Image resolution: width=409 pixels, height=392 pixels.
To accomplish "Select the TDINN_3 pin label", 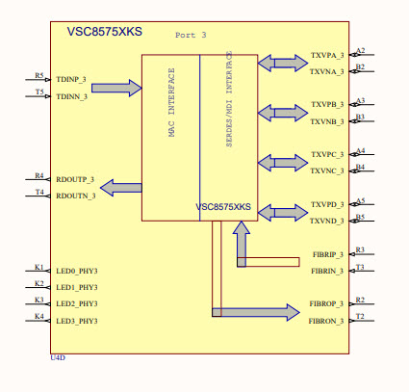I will click(x=72, y=96).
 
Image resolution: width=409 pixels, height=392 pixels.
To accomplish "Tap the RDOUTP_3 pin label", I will click(x=75, y=179).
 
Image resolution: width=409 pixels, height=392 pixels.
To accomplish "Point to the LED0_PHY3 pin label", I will click(x=77, y=272).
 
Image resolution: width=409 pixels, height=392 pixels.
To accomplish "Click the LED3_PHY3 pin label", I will click(x=77, y=320).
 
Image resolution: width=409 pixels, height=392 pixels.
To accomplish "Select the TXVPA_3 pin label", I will click(x=327, y=56).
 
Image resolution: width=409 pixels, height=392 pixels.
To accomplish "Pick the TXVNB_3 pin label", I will click(x=327, y=121).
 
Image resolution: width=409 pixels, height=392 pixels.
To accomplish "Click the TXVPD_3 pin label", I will click(x=327, y=205).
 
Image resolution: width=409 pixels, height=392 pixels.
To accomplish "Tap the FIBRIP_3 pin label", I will click(x=327, y=255).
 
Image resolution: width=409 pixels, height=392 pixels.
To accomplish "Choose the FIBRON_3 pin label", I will click(x=326, y=320).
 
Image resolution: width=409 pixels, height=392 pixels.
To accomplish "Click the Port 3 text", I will click(x=191, y=35).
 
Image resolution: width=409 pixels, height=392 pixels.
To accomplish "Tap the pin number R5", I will click(x=39, y=75).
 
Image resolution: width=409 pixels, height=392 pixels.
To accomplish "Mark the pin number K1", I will click(x=39, y=266).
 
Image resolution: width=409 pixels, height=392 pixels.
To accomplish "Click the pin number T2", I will click(x=360, y=315).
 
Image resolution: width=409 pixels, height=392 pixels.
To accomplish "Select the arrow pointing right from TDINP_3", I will click(x=116, y=88).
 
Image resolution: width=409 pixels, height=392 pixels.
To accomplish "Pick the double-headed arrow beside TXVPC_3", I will click(x=278, y=162).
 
